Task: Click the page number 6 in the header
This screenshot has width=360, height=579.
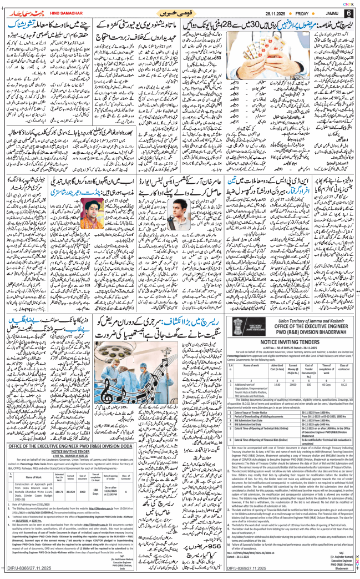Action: (x=348, y=11)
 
